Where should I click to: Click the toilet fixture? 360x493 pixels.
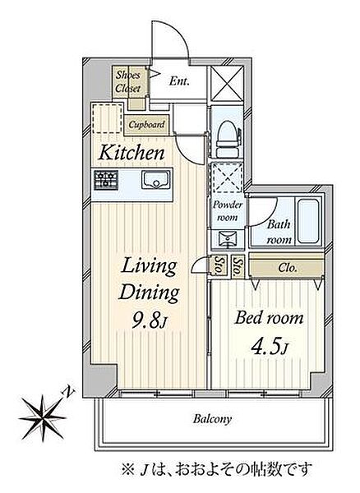(x=228, y=138)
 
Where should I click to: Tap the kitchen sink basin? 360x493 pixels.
(x=155, y=179)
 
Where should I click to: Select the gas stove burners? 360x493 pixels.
(x=106, y=180)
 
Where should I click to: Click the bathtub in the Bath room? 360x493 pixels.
(x=308, y=221)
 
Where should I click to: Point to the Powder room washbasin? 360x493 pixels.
(x=228, y=238)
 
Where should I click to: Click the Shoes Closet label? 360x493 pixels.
(x=127, y=81)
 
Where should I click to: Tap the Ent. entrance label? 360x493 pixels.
(x=179, y=81)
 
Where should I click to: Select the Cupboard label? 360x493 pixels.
(x=146, y=125)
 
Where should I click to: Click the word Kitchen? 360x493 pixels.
(x=132, y=153)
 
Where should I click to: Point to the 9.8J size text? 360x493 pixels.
(x=150, y=320)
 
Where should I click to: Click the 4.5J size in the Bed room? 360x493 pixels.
(x=269, y=347)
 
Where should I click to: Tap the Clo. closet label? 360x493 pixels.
(x=288, y=268)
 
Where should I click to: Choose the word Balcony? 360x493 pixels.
(x=213, y=419)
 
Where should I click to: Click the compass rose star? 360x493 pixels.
(x=43, y=418)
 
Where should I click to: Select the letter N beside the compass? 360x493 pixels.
(x=69, y=392)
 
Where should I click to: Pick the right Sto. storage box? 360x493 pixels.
(x=238, y=266)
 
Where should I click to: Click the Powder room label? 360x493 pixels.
(x=228, y=211)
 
